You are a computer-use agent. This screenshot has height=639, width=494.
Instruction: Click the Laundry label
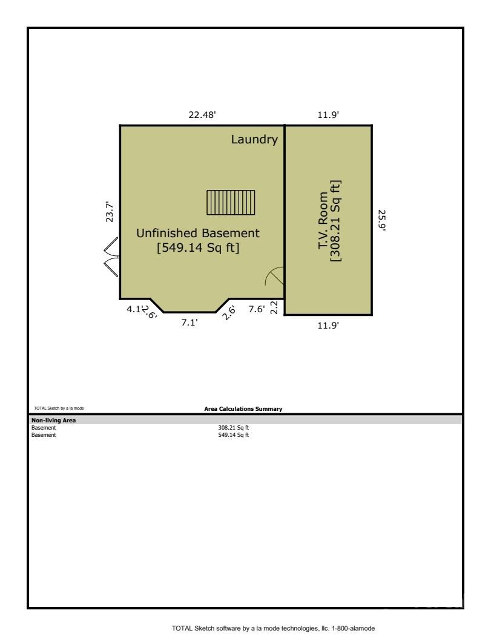coord(254,140)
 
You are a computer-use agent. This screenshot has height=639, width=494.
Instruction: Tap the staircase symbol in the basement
coord(231,203)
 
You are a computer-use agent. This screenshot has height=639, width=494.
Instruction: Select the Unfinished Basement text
coord(197,233)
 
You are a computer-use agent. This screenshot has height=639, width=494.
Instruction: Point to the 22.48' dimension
coord(202,115)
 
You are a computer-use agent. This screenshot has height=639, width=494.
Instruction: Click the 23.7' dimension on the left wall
coord(110,212)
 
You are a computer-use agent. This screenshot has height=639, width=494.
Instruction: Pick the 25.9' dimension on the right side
coord(382,220)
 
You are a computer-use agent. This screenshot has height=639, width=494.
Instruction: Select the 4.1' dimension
coord(133,309)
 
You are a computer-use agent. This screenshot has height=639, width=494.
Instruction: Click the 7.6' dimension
coord(256,309)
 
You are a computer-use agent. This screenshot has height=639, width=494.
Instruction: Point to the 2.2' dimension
coord(274,307)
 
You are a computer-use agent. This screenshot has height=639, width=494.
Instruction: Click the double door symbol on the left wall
coord(111,257)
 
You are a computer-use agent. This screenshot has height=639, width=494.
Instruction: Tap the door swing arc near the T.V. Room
coord(274,277)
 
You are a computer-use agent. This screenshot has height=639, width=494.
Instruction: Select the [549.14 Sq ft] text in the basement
coord(197,247)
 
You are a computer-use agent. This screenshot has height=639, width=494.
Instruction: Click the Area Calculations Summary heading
coord(243,409)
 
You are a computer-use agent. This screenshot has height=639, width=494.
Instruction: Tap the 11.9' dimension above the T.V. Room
coord(328,115)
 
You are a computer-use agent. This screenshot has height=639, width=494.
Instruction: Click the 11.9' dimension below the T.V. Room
coord(328,326)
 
